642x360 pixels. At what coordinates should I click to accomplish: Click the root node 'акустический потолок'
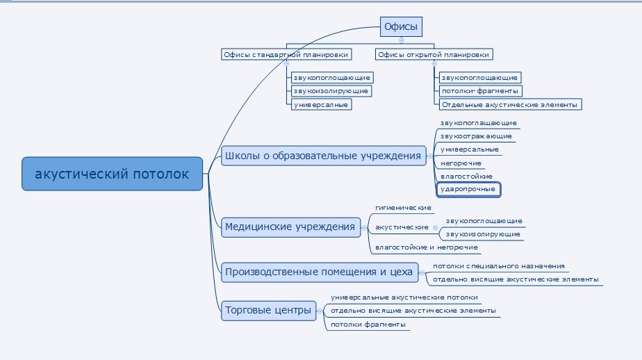[x=112, y=174]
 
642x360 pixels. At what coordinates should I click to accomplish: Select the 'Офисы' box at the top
[x=401, y=27]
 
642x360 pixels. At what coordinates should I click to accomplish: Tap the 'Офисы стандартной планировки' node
[x=285, y=54]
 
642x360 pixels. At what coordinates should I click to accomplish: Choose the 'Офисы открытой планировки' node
[x=432, y=54]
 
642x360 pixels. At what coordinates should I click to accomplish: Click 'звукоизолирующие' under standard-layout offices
[x=331, y=91]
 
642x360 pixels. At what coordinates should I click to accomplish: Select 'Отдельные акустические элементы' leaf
[x=509, y=104]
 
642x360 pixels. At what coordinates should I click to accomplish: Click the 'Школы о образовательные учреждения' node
[x=323, y=156]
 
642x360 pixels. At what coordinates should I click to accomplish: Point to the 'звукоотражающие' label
[x=477, y=136]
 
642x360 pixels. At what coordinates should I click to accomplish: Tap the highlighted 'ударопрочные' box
[x=468, y=188]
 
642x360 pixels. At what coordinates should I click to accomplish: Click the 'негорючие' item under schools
[x=461, y=163]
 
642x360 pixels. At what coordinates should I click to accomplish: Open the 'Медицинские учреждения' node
[x=290, y=227]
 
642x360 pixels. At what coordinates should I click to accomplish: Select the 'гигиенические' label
[x=403, y=208]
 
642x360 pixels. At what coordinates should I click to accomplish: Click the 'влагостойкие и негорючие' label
[x=426, y=247]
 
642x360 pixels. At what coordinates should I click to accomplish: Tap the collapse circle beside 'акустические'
[x=436, y=227]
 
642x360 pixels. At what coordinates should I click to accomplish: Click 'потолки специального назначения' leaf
[x=498, y=266]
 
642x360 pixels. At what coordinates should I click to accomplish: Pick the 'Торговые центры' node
[x=267, y=311]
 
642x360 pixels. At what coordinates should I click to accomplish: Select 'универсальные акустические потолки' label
[x=404, y=297]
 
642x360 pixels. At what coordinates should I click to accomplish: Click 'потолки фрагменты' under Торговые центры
[x=368, y=325]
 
